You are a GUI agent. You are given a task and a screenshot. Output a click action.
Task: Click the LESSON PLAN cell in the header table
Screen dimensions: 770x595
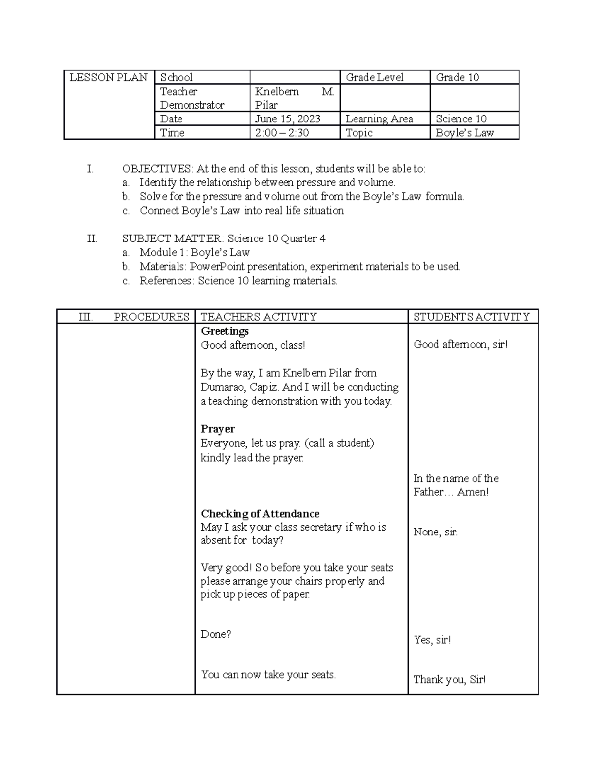(x=109, y=78)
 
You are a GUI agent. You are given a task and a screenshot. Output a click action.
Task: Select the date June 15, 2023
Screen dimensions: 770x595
(x=288, y=119)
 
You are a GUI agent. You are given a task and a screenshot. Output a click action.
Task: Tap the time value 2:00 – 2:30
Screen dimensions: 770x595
(x=282, y=133)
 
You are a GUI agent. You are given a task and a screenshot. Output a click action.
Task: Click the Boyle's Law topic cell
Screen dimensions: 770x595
(x=465, y=133)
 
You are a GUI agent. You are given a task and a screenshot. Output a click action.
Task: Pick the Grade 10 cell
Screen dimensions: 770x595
(x=457, y=78)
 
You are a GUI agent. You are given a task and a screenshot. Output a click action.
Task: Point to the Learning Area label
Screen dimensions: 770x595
(x=379, y=119)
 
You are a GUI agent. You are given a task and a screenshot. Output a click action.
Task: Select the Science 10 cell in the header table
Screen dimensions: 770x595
(x=461, y=119)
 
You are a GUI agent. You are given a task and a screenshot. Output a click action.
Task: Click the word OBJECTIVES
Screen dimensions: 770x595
(x=157, y=169)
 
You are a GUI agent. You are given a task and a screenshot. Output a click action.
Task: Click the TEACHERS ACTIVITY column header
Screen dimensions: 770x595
(x=258, y=317)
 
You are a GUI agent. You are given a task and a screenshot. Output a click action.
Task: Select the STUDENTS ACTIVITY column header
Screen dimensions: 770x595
(x=472, y=317)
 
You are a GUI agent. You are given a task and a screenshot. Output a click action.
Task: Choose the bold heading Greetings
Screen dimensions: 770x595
(x=225, y=331)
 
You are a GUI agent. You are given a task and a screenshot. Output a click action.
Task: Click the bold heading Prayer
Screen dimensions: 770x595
(x=217, y=429)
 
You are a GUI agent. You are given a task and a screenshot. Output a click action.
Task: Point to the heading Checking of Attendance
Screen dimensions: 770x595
(x=260, y=514)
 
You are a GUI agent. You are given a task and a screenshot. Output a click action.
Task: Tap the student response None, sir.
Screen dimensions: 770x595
(x=435, y=533)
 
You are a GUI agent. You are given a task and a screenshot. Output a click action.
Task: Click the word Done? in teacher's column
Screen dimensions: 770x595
(x=216, y=634)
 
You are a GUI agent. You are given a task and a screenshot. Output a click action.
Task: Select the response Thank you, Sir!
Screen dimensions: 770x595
(x=450, y=680)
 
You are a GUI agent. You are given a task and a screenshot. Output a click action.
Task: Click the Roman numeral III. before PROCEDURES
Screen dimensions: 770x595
(x=86, y=317)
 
